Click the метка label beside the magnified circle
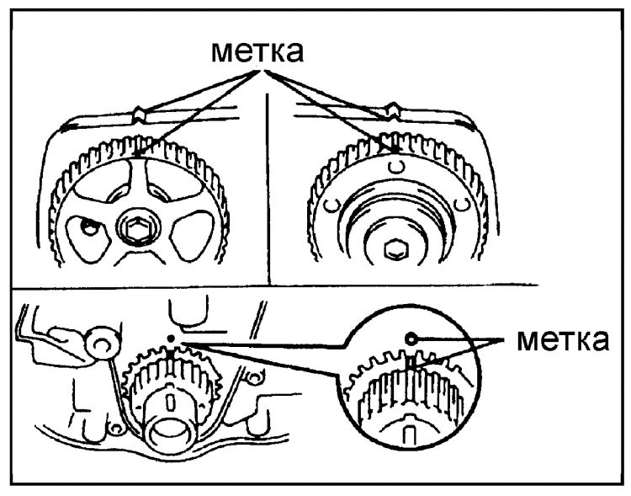tap(561, 341)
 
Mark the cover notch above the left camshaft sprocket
tap(140, 111)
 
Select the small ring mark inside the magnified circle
tap(411, 337)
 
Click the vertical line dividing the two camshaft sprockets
tap(266, 194)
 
